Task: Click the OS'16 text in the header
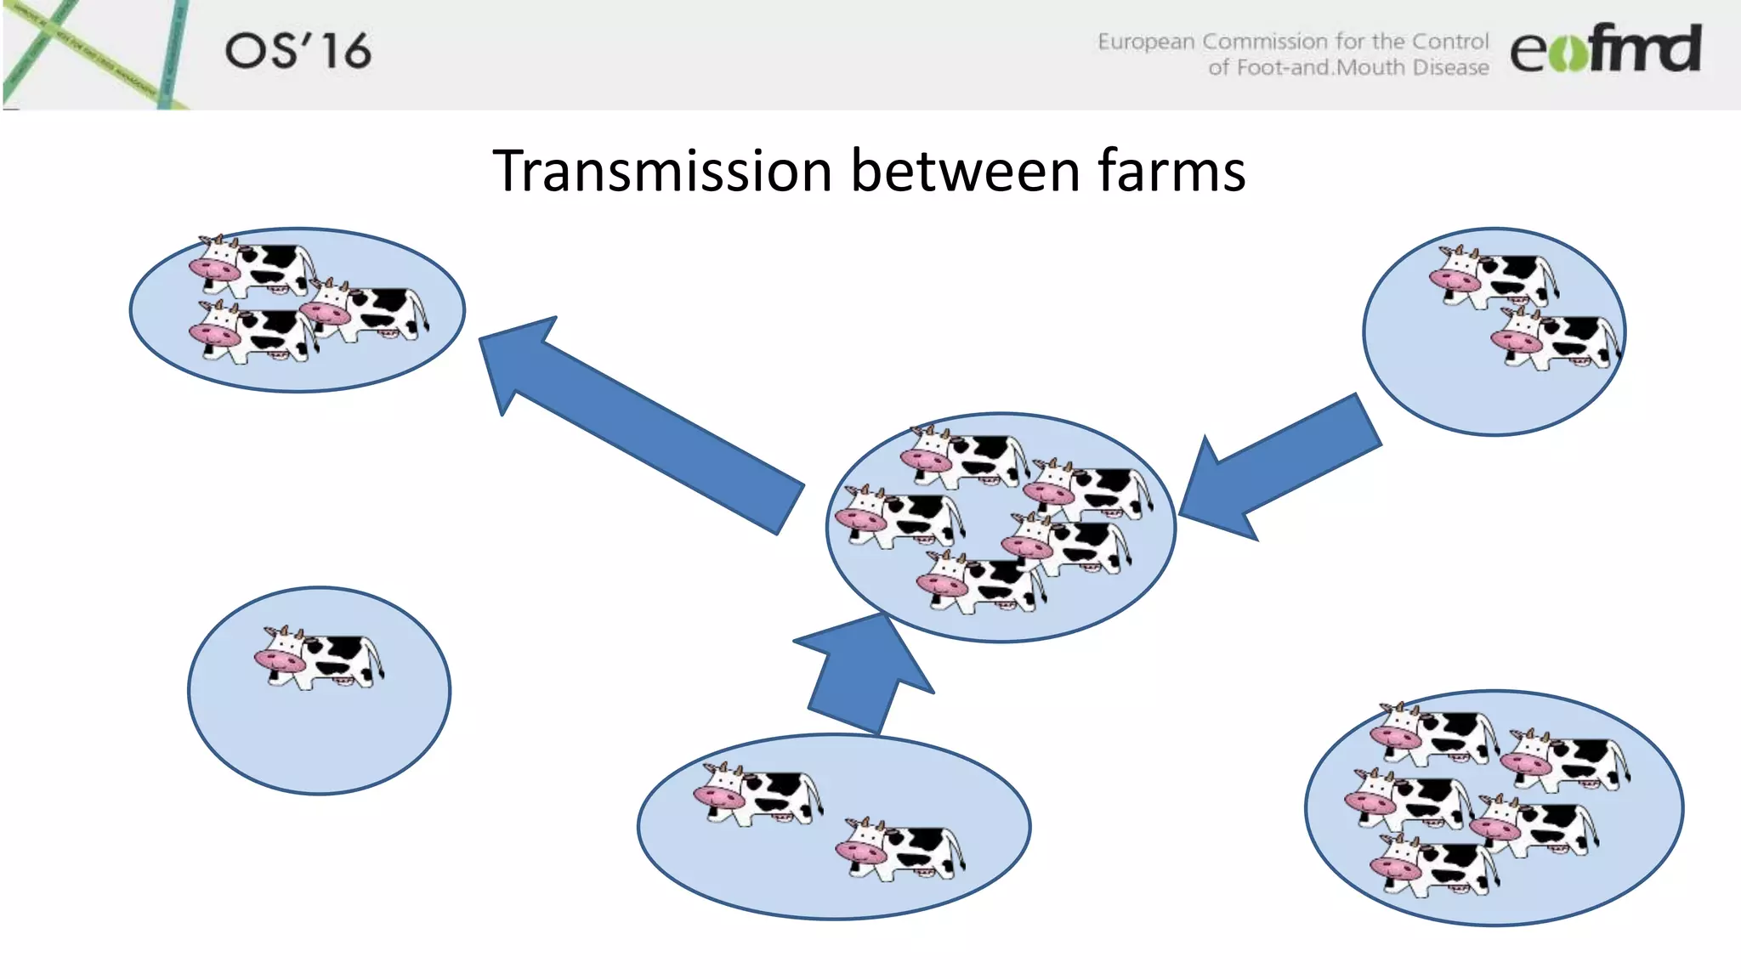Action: (x=298, y=51)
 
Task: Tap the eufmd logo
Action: (x=1605, y=49)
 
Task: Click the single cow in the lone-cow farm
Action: (x=318, y=658)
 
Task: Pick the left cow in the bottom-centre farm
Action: (x=757, y=794)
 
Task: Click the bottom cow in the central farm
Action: (x=981, y=582)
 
